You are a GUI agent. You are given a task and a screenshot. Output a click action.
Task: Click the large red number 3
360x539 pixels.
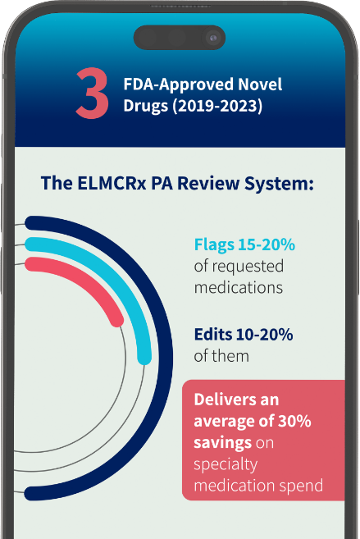point(92,95)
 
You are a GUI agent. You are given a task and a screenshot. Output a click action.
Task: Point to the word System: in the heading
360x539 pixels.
point(283,183)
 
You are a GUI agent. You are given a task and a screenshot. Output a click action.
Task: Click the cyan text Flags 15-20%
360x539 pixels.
point(244,244)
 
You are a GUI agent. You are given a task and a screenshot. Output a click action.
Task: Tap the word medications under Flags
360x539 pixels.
point(238,287)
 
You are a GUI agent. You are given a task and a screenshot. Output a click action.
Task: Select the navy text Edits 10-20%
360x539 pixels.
point(243,335)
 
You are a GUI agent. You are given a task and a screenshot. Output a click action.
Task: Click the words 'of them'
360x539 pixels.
point(221,356)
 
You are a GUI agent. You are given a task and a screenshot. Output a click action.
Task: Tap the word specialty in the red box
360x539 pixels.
point(226,464)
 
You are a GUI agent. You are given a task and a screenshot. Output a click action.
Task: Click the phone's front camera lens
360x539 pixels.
point(213,38)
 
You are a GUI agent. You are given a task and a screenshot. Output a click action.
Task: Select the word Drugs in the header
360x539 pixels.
point(143,106)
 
